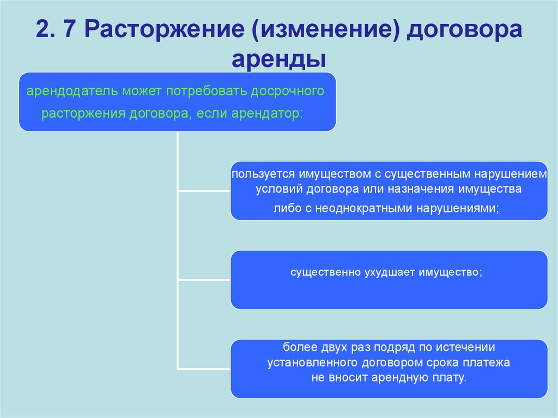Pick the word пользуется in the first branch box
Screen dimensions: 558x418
pyautogui.click(x=263, y=175)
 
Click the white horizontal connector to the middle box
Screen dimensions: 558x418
pyautogui.click(x=204, y=280)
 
